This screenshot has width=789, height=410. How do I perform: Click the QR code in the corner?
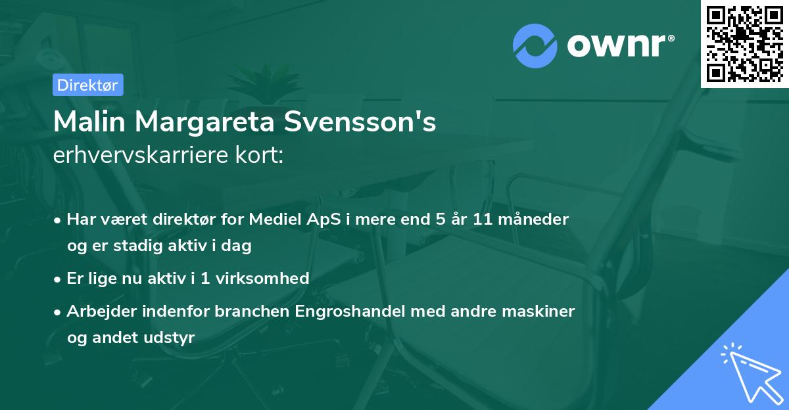745,43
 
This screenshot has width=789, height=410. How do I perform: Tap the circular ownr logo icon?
535,45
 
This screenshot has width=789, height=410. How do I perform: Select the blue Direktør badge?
87,85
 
